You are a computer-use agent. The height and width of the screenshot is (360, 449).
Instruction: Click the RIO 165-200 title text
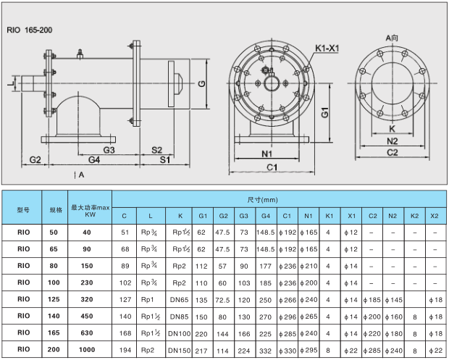[x=29, y=31]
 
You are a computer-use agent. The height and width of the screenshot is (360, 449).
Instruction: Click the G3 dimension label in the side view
[x=109, y=149]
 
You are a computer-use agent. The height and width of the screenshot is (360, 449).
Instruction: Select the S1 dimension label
[x=165, y=159]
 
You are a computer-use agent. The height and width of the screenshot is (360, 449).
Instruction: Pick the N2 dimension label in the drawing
[x=393, y=141]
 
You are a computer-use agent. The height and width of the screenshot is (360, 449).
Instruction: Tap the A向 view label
[x=392, y=36]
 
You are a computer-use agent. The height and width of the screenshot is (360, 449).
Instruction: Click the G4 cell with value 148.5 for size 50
[x=265, y=233]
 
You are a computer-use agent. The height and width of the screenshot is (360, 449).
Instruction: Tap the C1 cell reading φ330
[x=286, y=350]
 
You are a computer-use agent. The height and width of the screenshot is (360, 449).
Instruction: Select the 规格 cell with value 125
[x=55, y=299]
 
